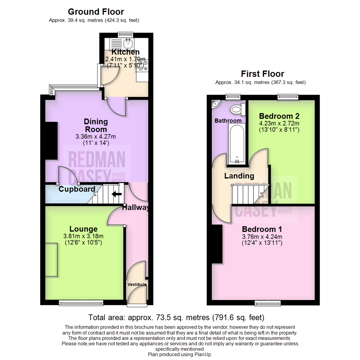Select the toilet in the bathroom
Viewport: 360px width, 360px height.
[237, 109]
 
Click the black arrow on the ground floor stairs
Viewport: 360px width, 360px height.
[116, 194]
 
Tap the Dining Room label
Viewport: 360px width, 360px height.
[96, 125]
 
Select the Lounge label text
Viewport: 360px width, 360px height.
[83, 229]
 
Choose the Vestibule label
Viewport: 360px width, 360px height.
[137, 284]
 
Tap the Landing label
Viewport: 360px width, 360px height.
[239, 176]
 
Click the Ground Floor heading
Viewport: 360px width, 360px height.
[96, 12]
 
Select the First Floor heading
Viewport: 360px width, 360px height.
[262, 74]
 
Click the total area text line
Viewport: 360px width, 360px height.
[176, 317]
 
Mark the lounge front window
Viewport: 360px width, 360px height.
[81, 302]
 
